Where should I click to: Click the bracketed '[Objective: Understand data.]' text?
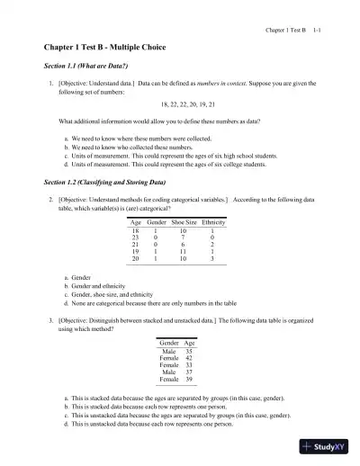coord(94,82)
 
